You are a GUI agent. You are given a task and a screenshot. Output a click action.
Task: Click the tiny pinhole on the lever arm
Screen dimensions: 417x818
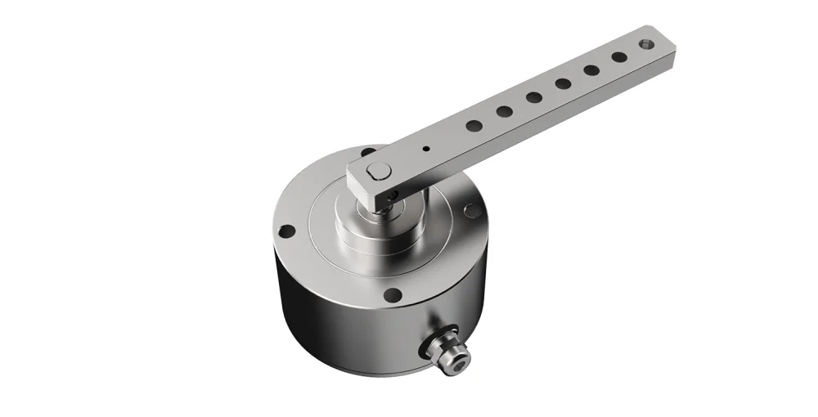(x=426, y=149)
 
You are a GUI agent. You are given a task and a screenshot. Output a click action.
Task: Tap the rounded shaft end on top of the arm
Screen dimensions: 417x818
(x=378, y=171)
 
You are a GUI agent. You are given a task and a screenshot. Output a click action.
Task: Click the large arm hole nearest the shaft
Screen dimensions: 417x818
(x=474, y=126)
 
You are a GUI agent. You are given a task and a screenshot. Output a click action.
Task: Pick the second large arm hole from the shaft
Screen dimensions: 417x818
(x=505, y=111)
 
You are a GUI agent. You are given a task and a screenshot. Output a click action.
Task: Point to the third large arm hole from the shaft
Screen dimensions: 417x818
(x=534, y=97)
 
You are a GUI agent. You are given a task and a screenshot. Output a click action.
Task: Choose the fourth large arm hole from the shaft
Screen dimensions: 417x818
(x=563, y=83)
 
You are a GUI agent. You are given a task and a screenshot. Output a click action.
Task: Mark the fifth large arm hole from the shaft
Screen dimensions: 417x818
(x=591, y=70)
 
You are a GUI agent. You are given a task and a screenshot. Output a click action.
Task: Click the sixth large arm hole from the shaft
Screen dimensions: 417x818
(x=619, y=57)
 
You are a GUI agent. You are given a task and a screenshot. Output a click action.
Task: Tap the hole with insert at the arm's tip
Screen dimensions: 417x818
(x=648, y=43)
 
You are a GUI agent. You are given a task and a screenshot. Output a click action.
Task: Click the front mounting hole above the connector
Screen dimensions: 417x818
(x=393, y=294)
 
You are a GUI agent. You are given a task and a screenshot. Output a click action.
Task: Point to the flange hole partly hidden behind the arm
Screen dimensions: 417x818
(x=368, y=152)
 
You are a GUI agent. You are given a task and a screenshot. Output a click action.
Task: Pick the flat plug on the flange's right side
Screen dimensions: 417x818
(x=473, y=210)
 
